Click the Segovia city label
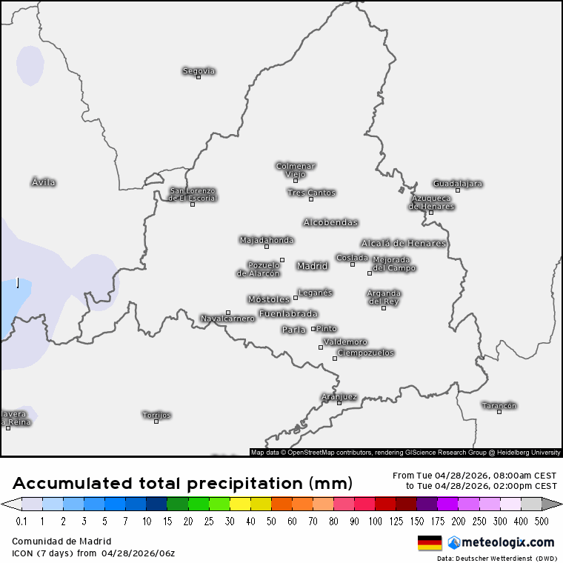199,71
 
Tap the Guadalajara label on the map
457,183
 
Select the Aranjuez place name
339,396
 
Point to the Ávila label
44,182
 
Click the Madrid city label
312,266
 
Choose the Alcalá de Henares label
404,243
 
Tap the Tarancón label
499,405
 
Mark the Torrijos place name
156,415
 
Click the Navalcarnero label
227,319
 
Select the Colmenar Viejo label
296,170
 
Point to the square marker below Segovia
199,77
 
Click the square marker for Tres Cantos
311,199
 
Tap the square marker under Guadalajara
458,190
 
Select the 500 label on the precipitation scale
542,521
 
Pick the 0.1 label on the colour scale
21,521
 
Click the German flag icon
429,542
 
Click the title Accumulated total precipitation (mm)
182,484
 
